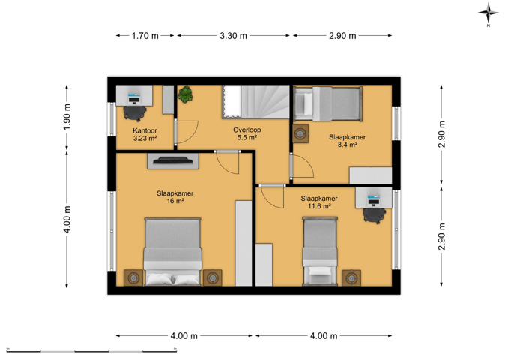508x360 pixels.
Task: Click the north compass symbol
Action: pos(489,13)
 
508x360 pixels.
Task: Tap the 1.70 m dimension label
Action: pos(145,36)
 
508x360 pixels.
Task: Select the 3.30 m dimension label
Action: pos(233,36)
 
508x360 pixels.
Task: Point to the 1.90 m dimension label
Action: pos(67,117)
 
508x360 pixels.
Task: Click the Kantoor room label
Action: pos(145,130)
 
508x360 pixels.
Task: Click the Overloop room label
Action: pos(247,130)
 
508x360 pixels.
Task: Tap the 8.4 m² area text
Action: pos(348,145)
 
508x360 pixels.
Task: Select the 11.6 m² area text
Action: pos(319,206)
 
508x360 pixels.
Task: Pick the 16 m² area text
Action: pos(175,201)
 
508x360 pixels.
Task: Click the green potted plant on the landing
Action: pos(185,94)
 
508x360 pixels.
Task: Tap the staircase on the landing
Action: pos(255,102)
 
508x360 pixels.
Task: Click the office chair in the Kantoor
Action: pos(134,113)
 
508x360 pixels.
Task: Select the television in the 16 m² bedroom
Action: pos(172,160)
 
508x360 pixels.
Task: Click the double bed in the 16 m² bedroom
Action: pos(172,252)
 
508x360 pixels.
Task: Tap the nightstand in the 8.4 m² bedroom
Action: pos(300,133)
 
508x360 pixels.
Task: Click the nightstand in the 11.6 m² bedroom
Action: pos(351,278)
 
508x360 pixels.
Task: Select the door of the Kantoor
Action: pos(187,132)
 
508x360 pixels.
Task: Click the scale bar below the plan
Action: pos(91,350)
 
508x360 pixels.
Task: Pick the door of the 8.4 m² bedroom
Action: pos(302,166)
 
